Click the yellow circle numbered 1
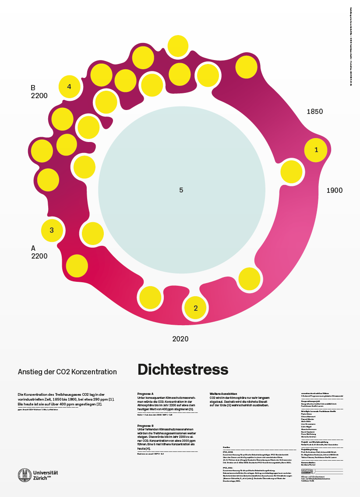point(316,150)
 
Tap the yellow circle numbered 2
point(196,308)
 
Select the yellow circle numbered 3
point(52,230)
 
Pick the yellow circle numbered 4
point(69,86)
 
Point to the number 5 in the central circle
point(181,190)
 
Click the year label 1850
point(314,112)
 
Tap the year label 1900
point(334,191)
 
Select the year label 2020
point(180,339)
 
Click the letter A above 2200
point(33,248)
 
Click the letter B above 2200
point(33,88)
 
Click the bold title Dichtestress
point(183,369)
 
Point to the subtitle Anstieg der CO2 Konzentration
point(67,372)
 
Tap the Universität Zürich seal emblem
point(25,475)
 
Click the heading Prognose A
point(146,394)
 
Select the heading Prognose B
point(146,426)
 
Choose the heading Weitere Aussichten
point(223,394)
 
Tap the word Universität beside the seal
point(46,472)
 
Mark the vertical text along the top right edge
point(350,46)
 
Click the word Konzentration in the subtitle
point(97,372)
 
